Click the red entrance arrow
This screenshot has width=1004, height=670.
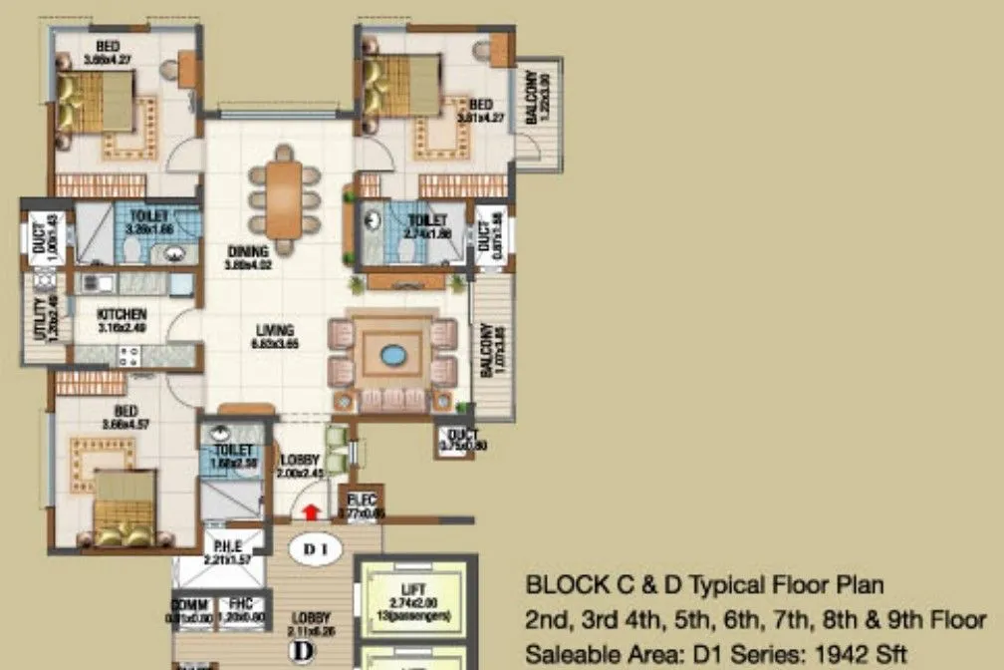pos(311,512)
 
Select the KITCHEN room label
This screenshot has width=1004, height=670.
pos(123,313)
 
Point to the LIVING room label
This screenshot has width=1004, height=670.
pos(264,330)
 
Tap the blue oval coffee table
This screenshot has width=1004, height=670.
pos(392,354)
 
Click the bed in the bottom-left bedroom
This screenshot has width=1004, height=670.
pos(123,508)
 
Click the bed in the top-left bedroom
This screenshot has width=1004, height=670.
pos(97,101)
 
